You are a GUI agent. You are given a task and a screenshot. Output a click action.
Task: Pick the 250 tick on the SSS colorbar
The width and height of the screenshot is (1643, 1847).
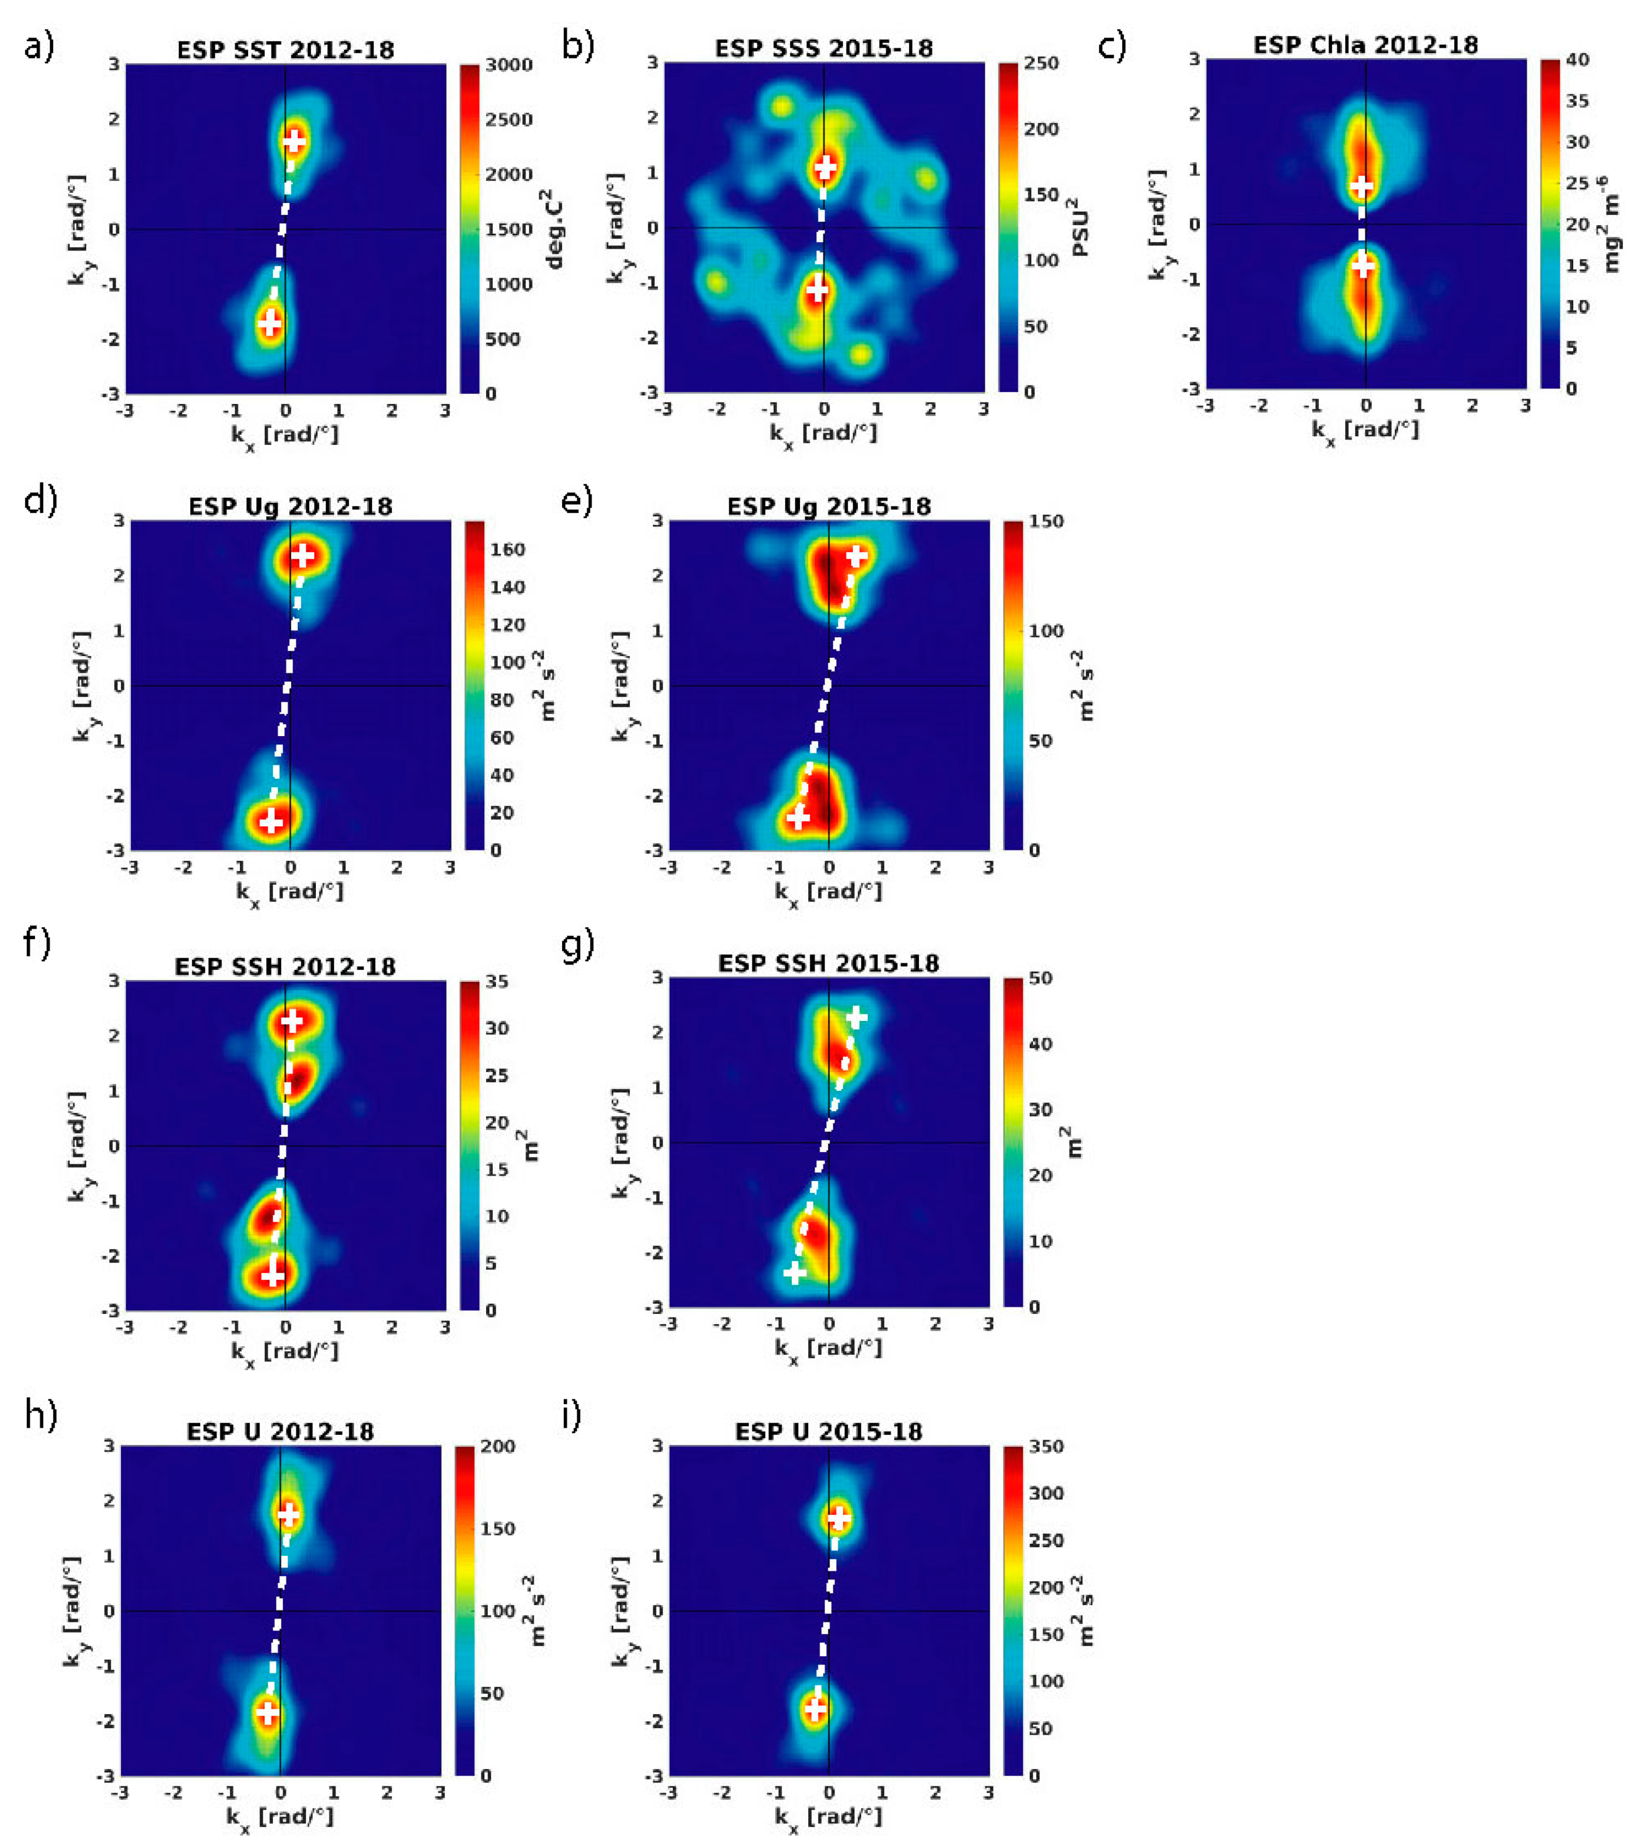[1041, 63]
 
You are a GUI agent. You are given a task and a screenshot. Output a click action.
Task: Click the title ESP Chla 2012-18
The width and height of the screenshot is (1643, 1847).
[1366, 45]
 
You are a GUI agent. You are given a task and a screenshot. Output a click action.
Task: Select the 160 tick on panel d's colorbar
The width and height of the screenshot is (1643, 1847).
[507, 550]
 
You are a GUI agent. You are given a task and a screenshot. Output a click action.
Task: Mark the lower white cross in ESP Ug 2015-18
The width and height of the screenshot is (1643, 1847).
[797, 818]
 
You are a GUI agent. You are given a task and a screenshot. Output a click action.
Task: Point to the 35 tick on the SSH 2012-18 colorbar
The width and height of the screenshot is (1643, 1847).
[497, 981]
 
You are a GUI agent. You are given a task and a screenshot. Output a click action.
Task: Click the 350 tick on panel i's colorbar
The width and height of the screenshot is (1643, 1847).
[1046, 1447]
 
